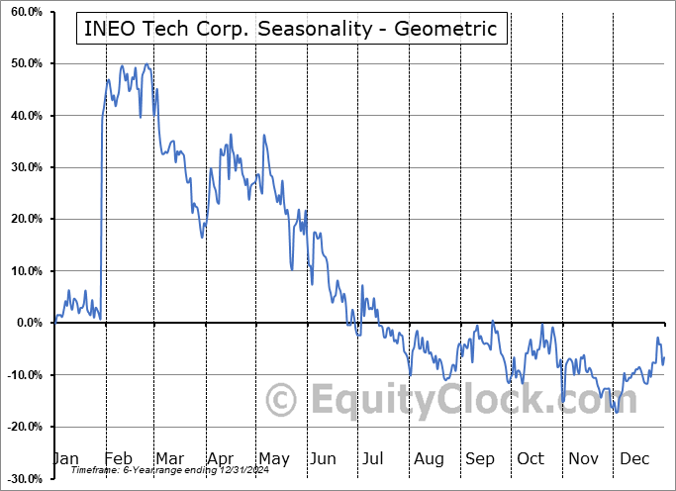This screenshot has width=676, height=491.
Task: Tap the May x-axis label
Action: tap(273, 458)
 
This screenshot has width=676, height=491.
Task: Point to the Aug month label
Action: tap(429, 458)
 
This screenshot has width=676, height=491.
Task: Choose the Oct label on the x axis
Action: tap(531, 458)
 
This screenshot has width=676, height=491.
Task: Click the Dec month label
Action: tap(634, 458)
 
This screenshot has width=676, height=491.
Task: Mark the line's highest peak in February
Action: tap(146, 64)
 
